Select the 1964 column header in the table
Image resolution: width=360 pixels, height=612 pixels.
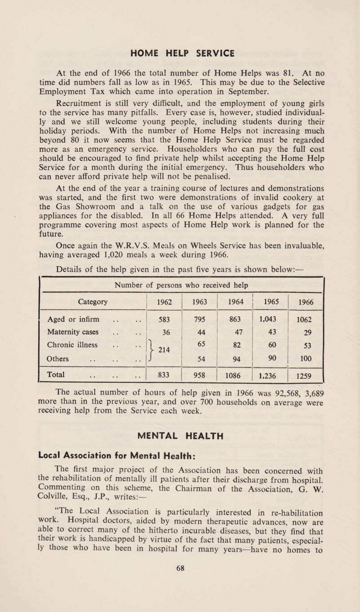coord(235,297)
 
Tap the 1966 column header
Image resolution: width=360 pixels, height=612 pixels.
coord(306,297)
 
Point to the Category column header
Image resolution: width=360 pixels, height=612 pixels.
coord(88,297)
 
